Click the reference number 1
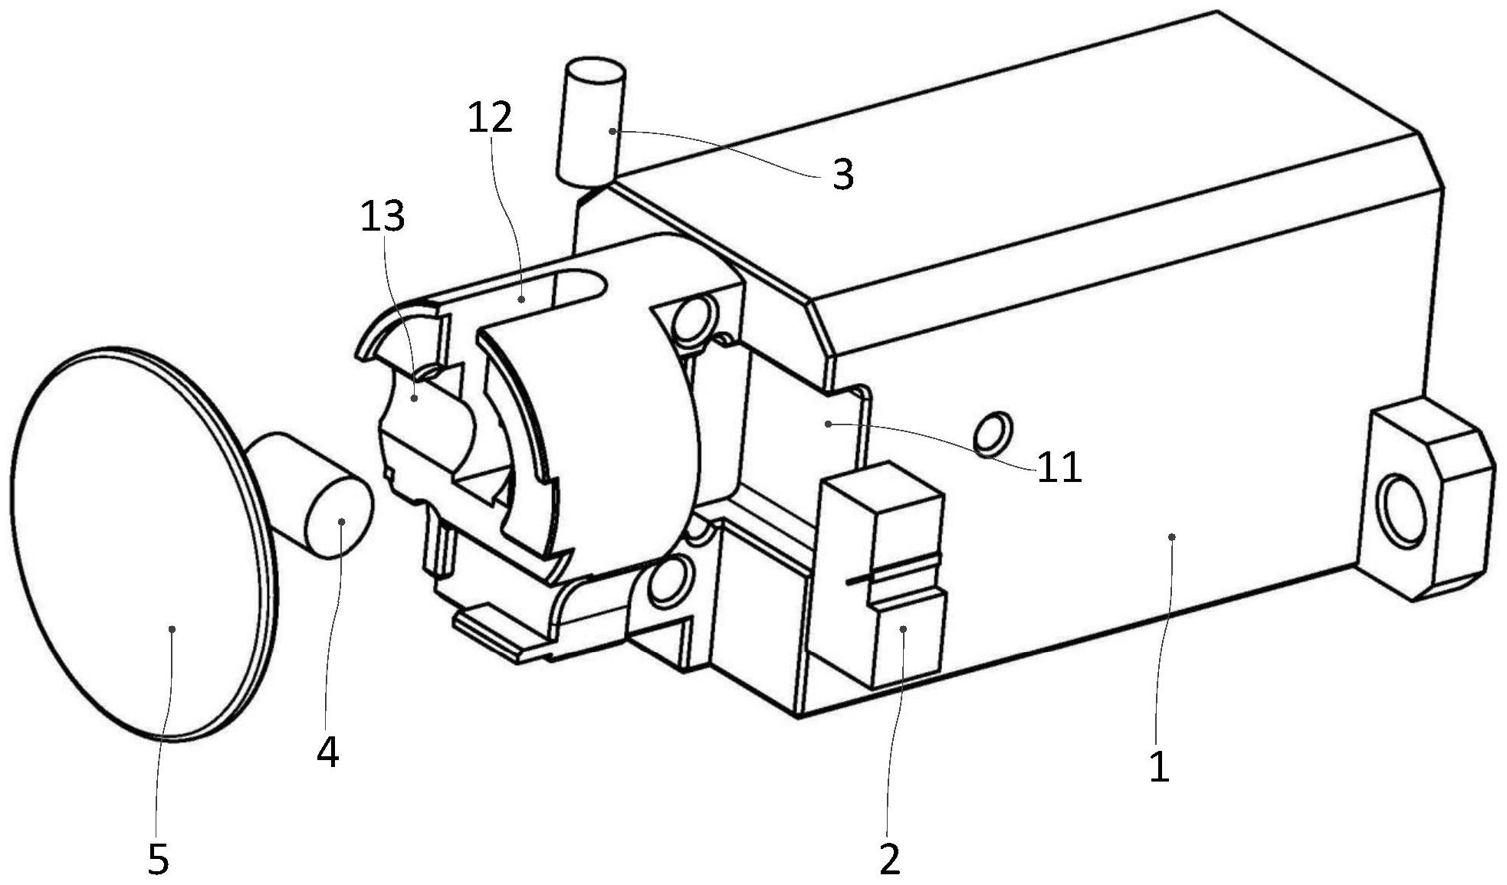[x=1160, y=765]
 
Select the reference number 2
[x=889, y=860]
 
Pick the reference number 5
[x=158, y=860]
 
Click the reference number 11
[x=1059, y=467]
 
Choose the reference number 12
[x=490, y=119]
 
